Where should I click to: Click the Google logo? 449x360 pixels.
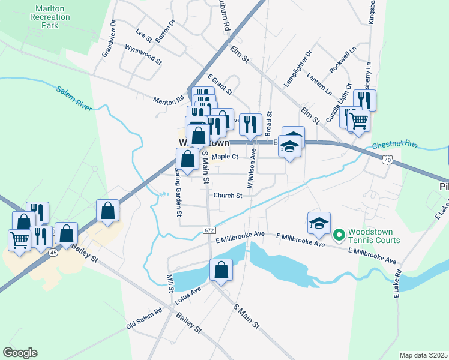click(x=20, y=353)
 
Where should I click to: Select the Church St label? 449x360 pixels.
click(x=228, y=196)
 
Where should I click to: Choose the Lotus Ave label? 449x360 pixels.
click(x=188, y=293)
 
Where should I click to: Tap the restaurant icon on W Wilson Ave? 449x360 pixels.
click(x=250, y=125)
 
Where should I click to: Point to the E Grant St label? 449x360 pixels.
click(x=220, y=85)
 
